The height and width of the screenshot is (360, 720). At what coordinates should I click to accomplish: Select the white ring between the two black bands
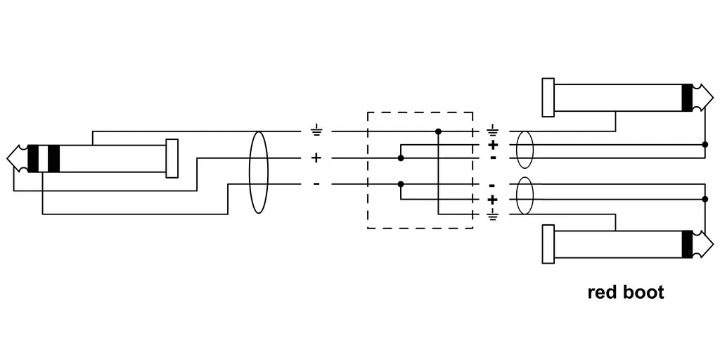43,158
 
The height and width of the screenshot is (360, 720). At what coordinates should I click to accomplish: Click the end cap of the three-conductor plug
172,158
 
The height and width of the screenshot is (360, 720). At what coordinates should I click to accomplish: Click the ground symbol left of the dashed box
316,131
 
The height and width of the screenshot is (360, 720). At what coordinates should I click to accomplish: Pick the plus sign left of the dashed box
316,158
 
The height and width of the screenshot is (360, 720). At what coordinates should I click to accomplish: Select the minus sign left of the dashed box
316,185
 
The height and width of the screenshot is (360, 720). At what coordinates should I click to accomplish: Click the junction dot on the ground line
438,131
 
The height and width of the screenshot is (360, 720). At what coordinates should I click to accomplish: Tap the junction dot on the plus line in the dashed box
400,158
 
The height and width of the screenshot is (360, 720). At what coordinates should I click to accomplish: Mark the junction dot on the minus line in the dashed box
400,184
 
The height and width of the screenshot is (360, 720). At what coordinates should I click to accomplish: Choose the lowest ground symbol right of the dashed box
492,215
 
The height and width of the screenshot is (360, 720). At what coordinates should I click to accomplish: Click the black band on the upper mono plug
687,98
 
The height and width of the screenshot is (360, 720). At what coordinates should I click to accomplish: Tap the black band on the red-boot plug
687,244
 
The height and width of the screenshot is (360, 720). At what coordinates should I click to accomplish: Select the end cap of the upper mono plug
548,97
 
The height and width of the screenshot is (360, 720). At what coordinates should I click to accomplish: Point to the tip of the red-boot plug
713,244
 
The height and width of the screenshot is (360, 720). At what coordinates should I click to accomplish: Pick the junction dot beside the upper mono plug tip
705,145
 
